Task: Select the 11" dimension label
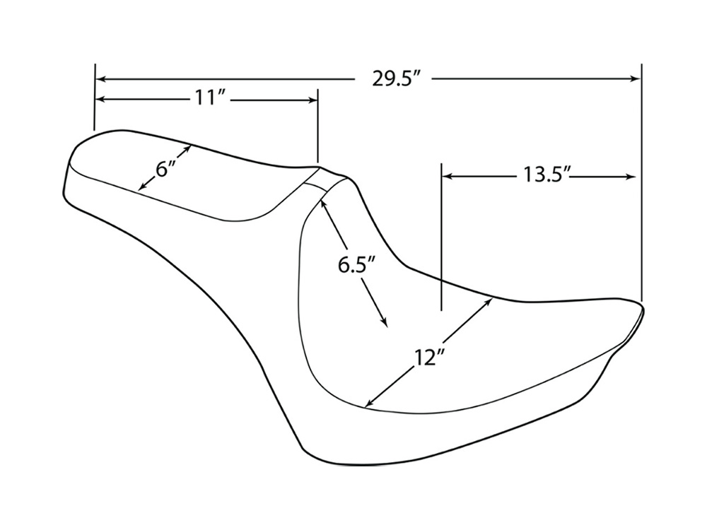[x=207, y=98]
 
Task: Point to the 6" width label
[x=165, y=169]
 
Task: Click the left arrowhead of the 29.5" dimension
[x=102, y=79]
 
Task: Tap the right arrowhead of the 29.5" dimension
[x=634, y=79]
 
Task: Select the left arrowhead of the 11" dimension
[x=102, y=99]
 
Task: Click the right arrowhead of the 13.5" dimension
[x=631, y=176]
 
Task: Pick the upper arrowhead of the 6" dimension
[x=186, y=149]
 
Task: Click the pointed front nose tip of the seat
[x=643, y=310]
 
